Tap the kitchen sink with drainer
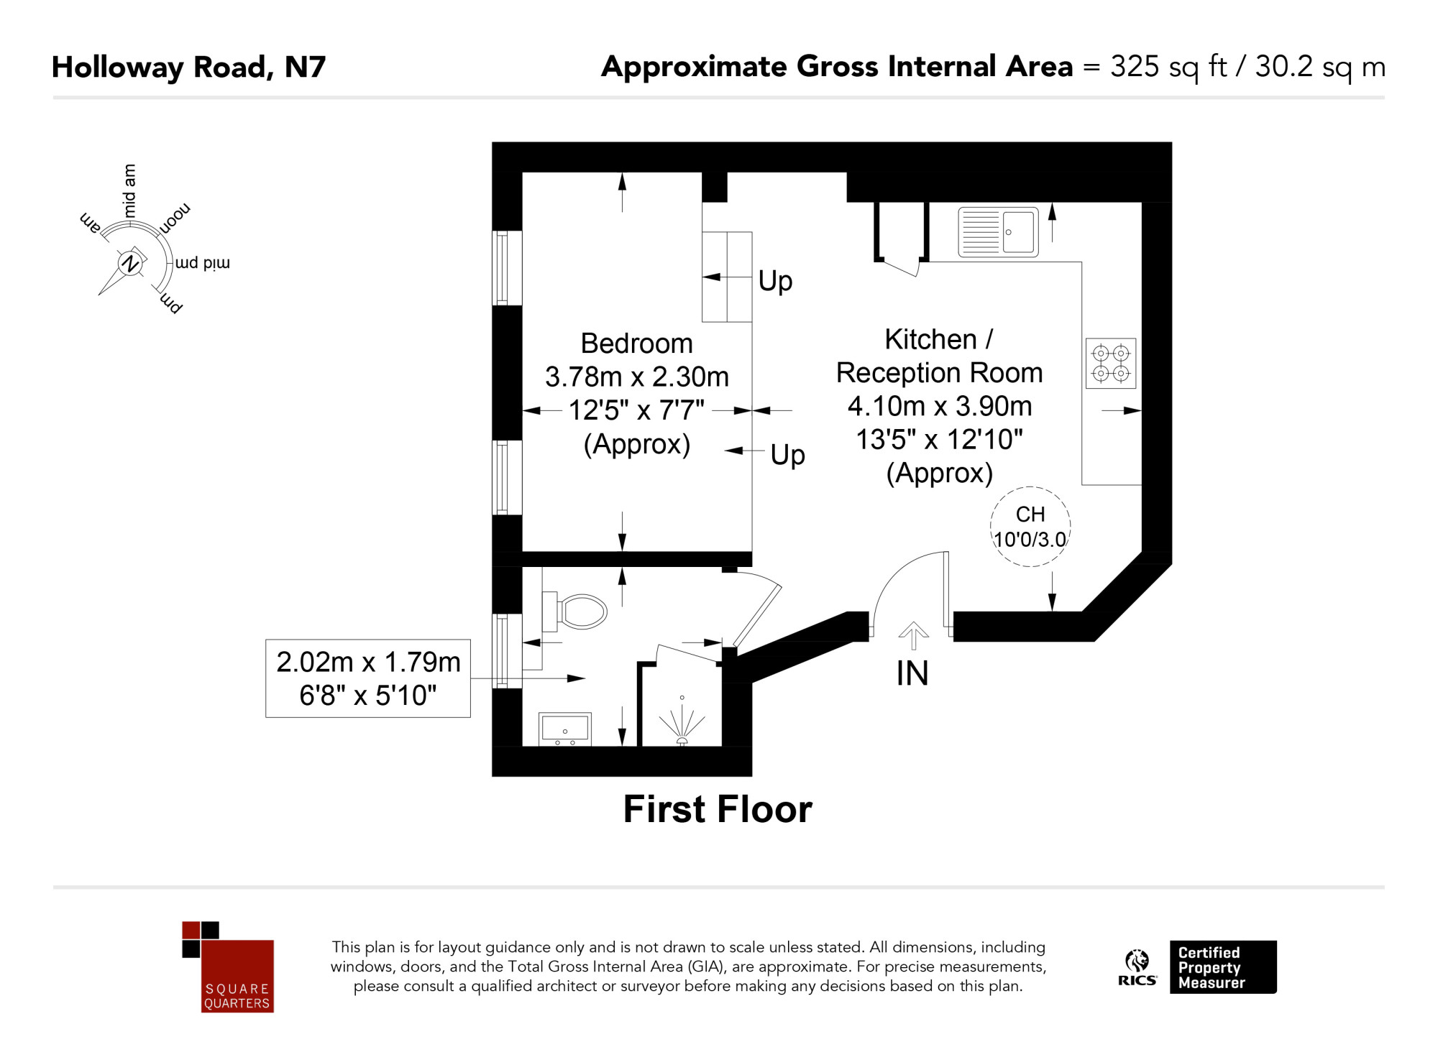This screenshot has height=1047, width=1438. (998, 232)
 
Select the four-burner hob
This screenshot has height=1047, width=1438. (1111, 364)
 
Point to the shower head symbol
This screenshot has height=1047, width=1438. (682, 722)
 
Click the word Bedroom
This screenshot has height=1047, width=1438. (636, 343)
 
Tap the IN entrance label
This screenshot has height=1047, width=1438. (912, 674)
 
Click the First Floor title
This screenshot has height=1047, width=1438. (718, 809)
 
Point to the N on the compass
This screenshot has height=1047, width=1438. (130, 263)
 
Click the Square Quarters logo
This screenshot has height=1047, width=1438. (228, 967)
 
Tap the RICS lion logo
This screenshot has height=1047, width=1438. (1137, 967)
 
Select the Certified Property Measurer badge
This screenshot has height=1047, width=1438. (1223, 967)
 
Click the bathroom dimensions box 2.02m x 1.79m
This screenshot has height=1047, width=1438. (368, 678)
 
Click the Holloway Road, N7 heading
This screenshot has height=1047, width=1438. (189, 68)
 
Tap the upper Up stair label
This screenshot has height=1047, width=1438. (775, 281)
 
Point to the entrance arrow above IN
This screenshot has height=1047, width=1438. (913, 635)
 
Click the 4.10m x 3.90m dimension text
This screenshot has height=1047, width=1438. (939, 406)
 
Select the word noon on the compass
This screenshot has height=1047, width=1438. (175, 218)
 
